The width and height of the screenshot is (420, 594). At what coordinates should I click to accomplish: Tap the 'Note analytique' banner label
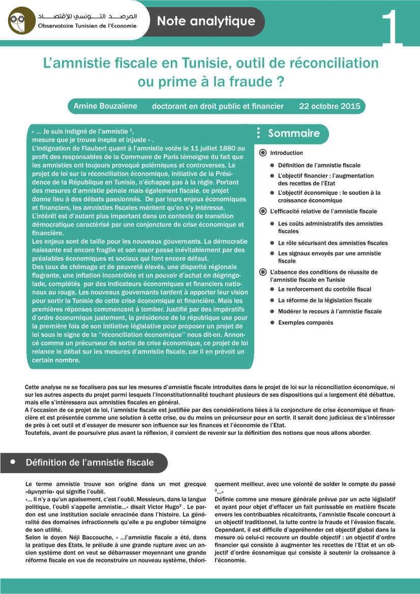click(206, 21)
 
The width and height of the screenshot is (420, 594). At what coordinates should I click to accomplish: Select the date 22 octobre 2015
click(329, 106)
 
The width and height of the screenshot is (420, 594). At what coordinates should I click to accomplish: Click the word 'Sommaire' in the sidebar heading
click(294, 133)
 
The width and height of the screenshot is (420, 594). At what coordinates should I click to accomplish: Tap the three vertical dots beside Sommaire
click(259, 133)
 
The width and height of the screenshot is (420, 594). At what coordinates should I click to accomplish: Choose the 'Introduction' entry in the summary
click(286, 153)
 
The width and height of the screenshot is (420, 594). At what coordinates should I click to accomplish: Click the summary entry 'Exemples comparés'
click(306, 323)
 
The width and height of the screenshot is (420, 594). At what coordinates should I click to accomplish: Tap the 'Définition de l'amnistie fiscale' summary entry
click(319, 165)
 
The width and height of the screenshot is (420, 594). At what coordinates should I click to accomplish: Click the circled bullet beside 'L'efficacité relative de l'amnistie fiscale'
click(262, 211)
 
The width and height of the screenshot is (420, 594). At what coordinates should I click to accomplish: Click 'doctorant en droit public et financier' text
click(218, 106)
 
